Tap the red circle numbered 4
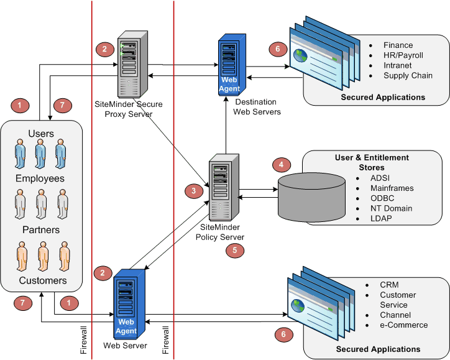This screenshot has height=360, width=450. (x=282, y=165)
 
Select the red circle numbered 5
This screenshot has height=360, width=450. (x=235, y=249)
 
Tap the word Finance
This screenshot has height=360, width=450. (x=398, y=45)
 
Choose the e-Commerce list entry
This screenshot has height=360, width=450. (x=403, y=325)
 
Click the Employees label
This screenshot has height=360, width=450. (x=40, y=178)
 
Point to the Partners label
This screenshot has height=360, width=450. (x=40, y=229)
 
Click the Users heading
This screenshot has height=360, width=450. (x=41, y=134)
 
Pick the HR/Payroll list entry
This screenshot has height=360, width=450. (x=403, y=55)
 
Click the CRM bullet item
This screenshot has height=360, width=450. (x=389, y=285)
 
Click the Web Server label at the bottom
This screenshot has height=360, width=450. (x=126, y=346)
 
